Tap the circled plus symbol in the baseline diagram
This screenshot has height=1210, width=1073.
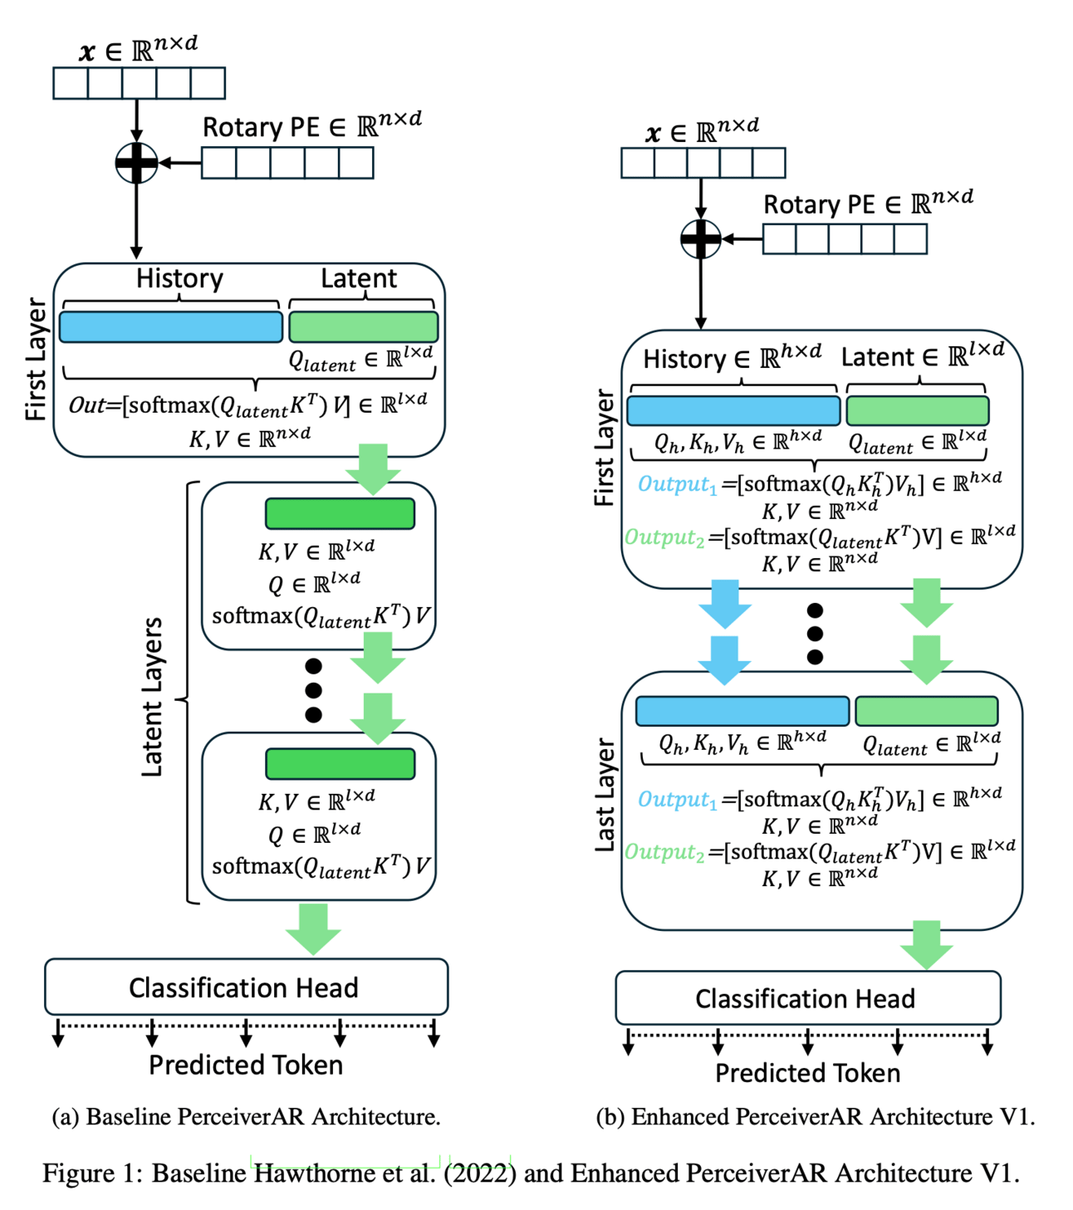(136, 163)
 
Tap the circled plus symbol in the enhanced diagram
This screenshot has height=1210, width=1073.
(700, 239)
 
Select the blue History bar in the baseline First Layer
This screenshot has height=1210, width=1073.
(170, 327)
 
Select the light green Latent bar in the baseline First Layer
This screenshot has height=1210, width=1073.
(363, 327)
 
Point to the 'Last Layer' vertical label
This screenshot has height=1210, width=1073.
(605, 795)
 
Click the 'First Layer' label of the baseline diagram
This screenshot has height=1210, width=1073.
(36, 359)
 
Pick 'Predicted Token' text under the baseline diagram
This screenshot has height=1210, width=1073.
(246, 1065)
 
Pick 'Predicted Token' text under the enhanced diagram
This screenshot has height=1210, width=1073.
(807, 1073)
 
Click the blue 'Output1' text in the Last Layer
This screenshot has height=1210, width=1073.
(677, 799)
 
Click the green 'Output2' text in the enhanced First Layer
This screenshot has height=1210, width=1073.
(664, 537)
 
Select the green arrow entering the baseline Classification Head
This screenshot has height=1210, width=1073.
(313, 928)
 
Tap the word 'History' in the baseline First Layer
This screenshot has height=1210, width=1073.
(179, 278)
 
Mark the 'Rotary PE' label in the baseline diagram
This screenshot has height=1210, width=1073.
(261, 127)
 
